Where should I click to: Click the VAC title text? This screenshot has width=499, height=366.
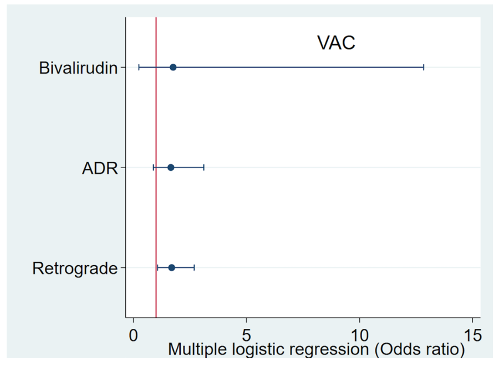[336, 43]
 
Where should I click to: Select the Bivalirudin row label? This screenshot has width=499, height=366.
[78, 68]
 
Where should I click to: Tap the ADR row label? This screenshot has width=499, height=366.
[100, 168]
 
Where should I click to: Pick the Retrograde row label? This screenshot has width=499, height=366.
[75, 268]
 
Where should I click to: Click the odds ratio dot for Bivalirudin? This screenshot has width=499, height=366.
[173, 67]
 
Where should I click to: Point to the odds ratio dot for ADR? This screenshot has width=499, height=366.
[171, 167]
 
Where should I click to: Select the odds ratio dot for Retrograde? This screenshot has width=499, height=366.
[171, 267]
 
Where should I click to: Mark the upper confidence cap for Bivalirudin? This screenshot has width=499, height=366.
[424, 67]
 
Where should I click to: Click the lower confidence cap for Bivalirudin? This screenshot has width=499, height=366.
[139, 67]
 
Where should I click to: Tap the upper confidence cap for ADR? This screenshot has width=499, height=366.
[203, 167]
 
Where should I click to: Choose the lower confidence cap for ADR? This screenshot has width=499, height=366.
[154, 167]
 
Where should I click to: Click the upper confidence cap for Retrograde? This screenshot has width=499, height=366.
[194, 267]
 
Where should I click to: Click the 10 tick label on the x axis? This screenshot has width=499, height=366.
[359, 335]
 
